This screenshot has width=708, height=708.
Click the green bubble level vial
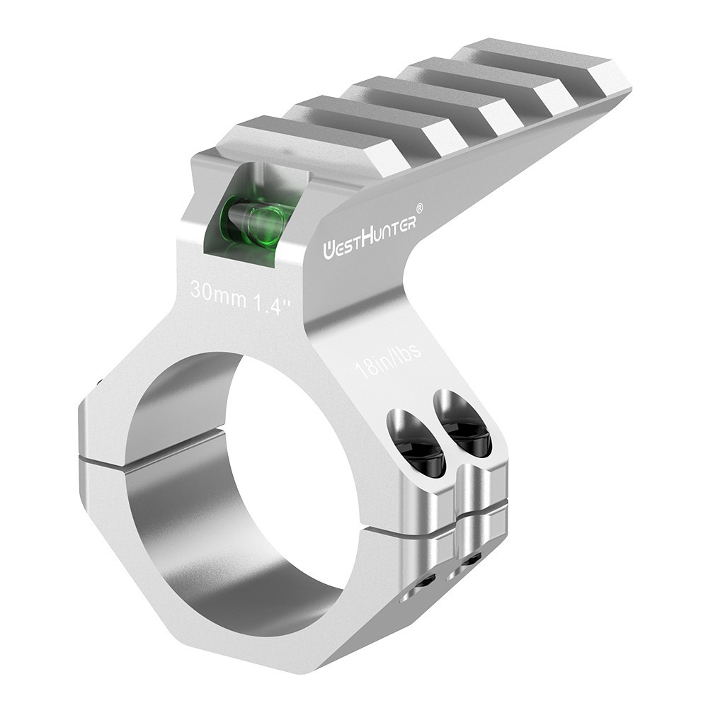coord(253,222)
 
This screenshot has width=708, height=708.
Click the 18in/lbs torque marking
coord(389,360)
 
